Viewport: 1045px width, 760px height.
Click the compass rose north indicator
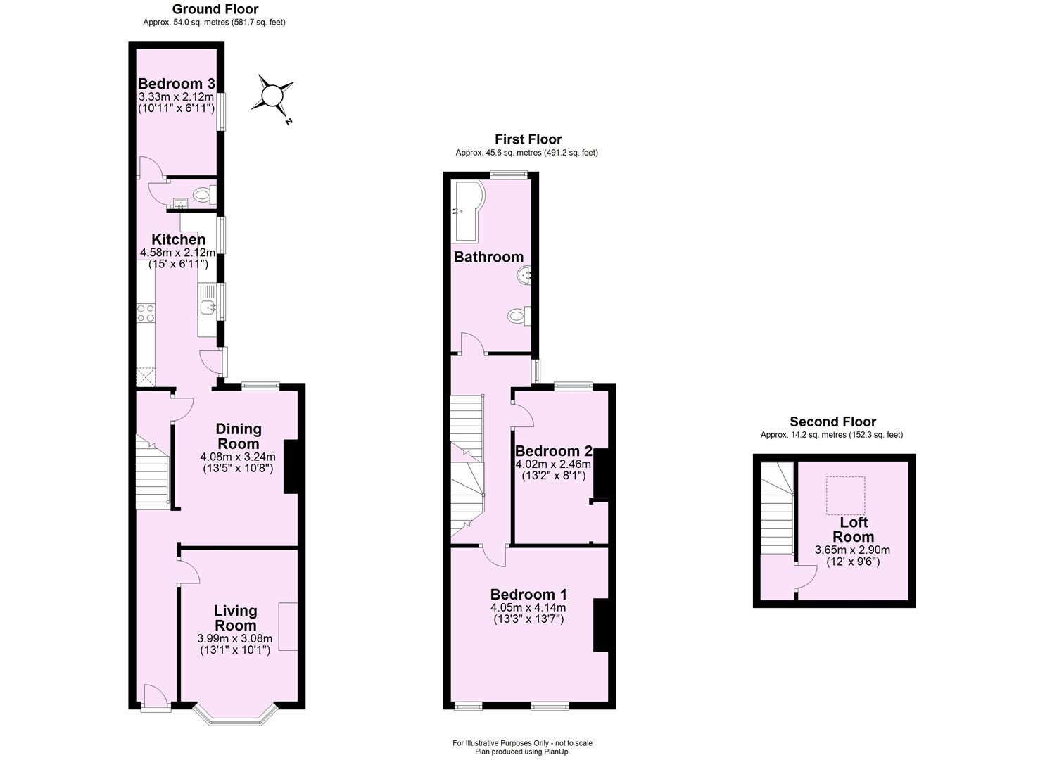pos(272,96)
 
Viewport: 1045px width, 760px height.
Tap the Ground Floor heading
pos(215,9)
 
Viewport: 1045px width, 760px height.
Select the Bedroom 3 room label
pos(176,84)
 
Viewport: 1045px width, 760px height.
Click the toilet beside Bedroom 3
pos(203,194)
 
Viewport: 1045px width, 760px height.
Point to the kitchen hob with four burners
pos(146,313)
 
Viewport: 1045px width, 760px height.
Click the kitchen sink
pos(208,307)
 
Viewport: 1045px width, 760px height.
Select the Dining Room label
pos(238,436)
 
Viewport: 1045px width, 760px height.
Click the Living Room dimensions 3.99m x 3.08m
pos(235,639)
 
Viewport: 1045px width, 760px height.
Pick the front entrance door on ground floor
pos(155,699)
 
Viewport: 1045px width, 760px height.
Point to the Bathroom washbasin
pos(524,277)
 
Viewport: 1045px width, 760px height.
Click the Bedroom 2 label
pos(553,451)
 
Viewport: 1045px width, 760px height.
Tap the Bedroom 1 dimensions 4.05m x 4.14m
pos(528,607)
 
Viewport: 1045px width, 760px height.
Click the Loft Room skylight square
pos(844,495)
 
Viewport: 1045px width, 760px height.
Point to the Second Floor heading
pos(832,422)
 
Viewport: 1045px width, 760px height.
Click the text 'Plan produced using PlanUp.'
pos(522,752)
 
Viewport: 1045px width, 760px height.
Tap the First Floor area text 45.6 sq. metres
pos(526,153)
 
